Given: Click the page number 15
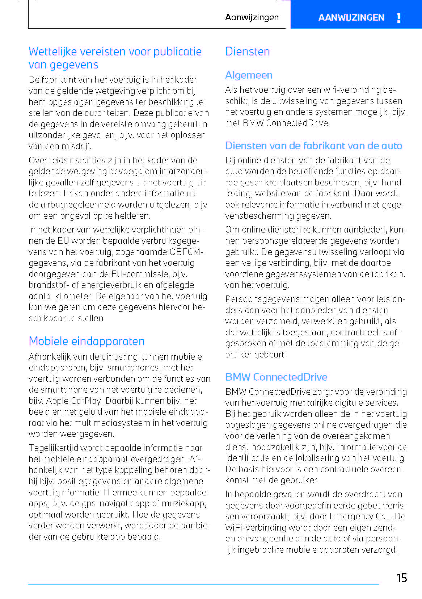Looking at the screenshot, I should [402, 578].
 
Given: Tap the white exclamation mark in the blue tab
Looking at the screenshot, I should [398, 18].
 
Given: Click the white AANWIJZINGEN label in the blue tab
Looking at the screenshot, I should [351, 18].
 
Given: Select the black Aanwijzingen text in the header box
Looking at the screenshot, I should [252, 17].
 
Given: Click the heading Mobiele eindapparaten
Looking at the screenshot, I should [86, 341].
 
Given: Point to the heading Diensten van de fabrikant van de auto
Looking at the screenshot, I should [313, 146].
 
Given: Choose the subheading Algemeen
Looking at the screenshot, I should [249, 75].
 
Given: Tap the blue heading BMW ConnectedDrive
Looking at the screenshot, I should [276, 377].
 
